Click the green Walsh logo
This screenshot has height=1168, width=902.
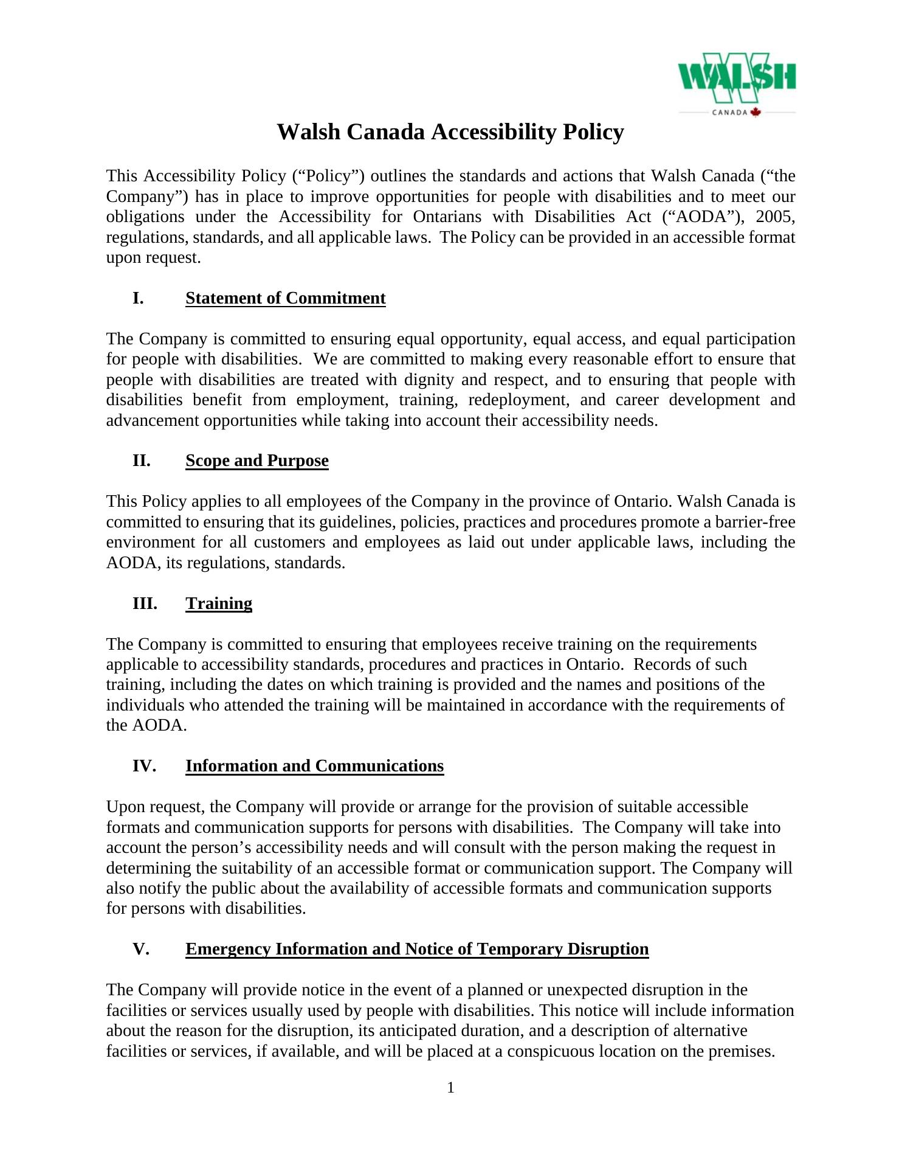737,79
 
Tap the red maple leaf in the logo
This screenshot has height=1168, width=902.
756,112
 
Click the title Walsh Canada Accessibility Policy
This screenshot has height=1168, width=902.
450,132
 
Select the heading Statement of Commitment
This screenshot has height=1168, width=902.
285,298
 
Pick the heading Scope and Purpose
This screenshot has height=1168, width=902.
256,461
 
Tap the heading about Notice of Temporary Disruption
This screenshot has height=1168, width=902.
417,949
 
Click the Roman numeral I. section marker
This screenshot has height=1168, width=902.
138,298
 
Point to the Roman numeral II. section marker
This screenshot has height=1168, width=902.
141,461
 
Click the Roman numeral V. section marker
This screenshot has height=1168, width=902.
140,949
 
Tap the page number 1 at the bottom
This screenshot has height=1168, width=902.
450,1088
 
